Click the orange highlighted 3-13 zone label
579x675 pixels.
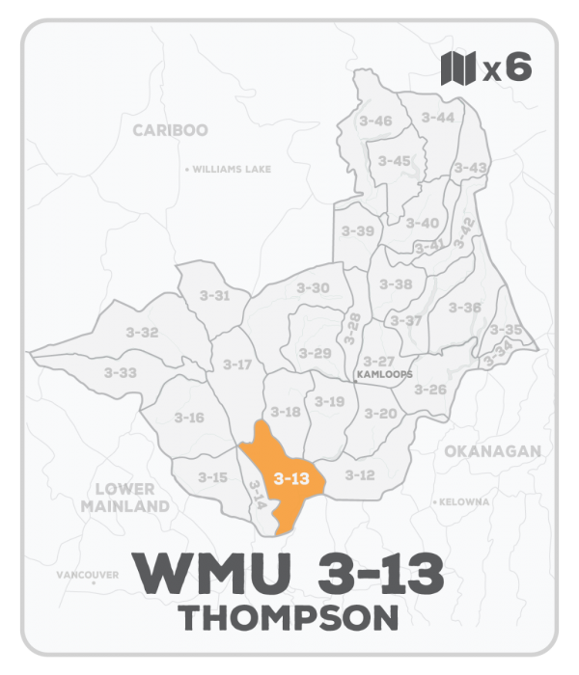click(x=291, y=478)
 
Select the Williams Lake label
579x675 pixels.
click(x=231, y=169)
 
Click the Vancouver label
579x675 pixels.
click(x=87, y=575)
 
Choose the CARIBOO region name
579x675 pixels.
click(x=170, y=130)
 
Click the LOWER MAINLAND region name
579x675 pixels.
click(x=125, y=498)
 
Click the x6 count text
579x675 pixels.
click(x=507, y=68)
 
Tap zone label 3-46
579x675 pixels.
click(x=374, y=121)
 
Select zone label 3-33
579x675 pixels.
click(x=121, y=372)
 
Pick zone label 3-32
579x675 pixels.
click(x=142, y=332)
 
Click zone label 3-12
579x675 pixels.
click(x=360, y=474)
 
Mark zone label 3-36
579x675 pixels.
click(x=465, y=308)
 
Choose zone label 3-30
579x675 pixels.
click(x=313, y=287)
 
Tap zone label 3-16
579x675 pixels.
click(x=189, y=417)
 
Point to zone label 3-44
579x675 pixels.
click(x=437, y=117)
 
